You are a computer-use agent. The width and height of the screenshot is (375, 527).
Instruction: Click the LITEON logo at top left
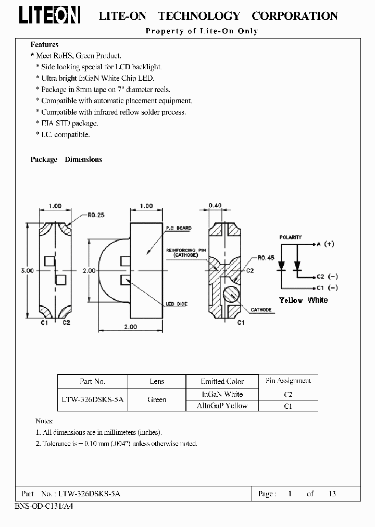49,16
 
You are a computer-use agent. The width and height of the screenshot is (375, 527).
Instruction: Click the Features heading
44,45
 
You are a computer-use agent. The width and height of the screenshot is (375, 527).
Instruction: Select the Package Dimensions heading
66,159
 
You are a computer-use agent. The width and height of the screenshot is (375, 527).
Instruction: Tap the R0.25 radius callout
97,214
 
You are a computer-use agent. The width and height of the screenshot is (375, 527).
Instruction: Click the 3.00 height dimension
27,271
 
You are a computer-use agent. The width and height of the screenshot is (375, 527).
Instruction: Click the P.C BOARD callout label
179,228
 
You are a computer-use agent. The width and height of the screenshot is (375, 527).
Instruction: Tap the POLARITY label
290,237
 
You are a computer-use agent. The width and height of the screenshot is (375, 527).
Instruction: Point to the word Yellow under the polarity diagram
291,300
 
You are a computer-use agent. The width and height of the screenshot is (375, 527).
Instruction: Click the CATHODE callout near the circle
261,310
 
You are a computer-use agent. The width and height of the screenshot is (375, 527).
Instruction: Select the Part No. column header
93,382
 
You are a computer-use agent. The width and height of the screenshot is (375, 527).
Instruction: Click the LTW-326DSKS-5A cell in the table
93,400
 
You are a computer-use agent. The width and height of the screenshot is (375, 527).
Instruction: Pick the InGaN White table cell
222,394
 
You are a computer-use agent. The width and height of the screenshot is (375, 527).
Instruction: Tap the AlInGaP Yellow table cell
222,406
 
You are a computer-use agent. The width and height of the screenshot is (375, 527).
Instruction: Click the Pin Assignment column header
288,381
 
